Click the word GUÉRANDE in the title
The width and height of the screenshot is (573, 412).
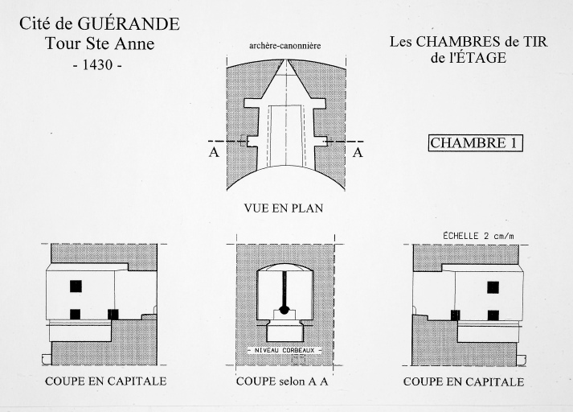tap(129, 24)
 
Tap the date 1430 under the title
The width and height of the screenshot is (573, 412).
tap(97, 64)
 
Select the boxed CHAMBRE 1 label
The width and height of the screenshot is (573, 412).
tap(476, 142)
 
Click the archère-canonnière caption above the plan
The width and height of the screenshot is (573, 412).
tap(285, 46)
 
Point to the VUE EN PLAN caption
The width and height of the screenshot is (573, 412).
tap(284, 208)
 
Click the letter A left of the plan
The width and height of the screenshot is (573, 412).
tap(214, 152)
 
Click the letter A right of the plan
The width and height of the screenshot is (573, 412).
tap(358, 152)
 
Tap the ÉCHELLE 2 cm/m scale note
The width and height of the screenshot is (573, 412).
tap(478, 236)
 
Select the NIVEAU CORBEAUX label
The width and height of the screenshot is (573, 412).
tap(284, 350)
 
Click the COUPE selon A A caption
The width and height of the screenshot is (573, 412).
tap(282, 381)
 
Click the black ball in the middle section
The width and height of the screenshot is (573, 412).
tap(284, 310)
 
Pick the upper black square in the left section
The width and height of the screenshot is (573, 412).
tap(76, 286)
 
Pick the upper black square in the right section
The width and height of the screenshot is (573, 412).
tap(493, 287)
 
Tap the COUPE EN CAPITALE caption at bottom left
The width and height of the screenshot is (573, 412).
tap(105, 381)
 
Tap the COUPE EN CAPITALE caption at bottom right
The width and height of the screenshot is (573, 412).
tap(464, 382)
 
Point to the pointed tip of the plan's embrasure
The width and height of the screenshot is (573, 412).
tap(286, 60)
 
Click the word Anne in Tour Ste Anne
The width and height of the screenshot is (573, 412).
tap(134, 43)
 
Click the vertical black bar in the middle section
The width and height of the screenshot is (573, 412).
tap(284, 289)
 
